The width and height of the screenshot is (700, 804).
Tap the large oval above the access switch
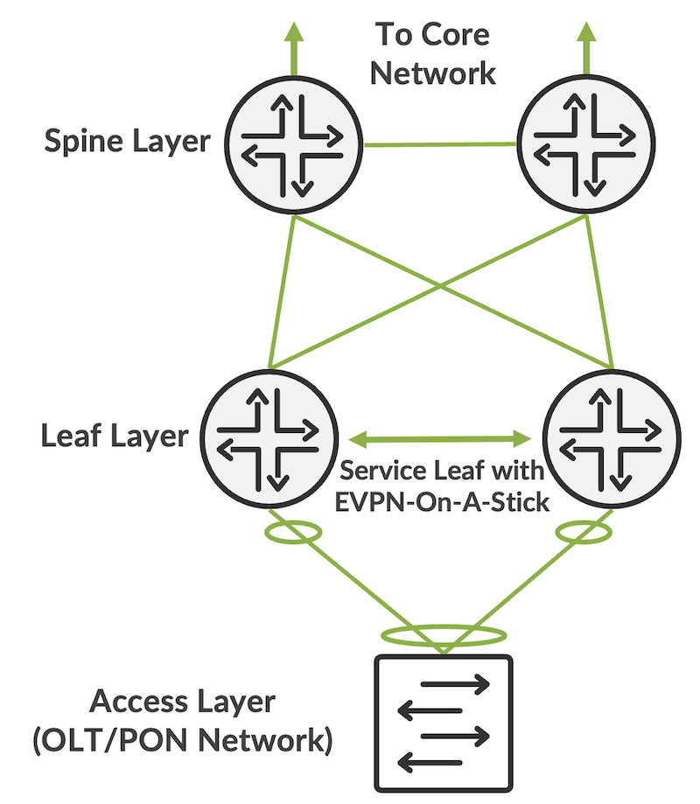443,634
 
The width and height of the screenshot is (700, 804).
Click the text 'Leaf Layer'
114,436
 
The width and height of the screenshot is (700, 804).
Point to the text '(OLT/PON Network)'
184,744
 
